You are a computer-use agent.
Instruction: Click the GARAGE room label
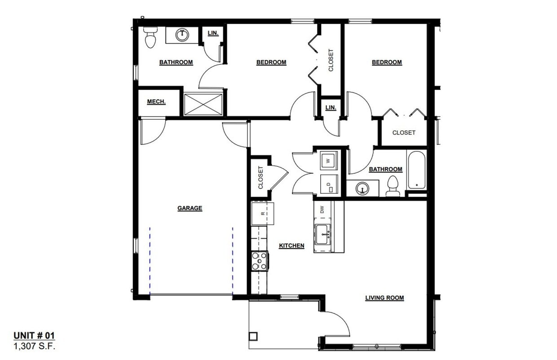point(190,208)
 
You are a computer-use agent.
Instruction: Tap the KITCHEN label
point(292,246)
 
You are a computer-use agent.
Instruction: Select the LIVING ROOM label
point(384,298)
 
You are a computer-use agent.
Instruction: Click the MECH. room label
point(156,102)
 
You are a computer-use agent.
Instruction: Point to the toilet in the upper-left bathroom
point(150,38)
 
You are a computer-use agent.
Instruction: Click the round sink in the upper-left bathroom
point(182,35)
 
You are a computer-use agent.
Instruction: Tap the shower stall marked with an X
point(203,104)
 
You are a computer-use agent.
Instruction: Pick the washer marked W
point(328,160)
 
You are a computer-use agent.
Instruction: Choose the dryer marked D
point(328,185)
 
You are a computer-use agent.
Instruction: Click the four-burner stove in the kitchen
point(259,261)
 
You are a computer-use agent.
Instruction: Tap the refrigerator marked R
point(262,213)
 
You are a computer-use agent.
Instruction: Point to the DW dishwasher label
point(322,209)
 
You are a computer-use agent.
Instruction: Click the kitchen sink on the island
point(323,234)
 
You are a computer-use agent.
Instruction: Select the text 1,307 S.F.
point(35,346)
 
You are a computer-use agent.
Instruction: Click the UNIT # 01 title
point(35,336)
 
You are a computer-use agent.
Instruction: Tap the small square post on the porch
point(253,336)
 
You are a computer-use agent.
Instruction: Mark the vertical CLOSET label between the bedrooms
point(331,60)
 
